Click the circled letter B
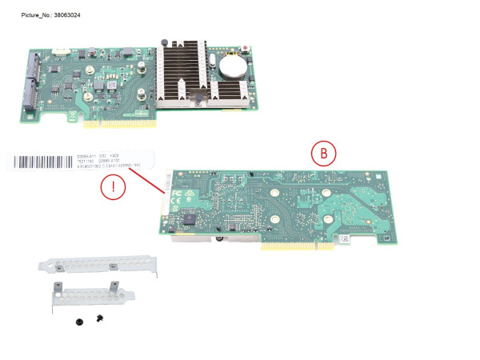click(324, 153)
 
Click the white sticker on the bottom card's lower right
click(350, 238)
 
